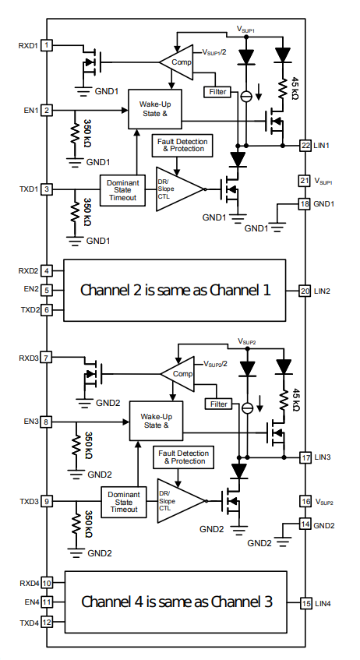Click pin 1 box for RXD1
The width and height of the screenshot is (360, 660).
47,45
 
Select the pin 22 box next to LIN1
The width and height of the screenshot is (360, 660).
305,145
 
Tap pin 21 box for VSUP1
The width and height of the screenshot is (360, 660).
305,181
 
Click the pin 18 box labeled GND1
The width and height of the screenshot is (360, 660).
305,203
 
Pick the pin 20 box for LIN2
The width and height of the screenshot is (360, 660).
305,291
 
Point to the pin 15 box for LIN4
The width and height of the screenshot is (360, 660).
306,603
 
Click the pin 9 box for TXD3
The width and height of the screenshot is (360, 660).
47,501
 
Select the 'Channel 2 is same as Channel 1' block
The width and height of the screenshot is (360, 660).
175,291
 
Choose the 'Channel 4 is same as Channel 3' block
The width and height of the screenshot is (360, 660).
175,602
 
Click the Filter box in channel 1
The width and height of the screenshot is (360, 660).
217,91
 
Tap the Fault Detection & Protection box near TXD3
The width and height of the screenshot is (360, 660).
183,457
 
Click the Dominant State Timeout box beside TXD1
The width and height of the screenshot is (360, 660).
122,190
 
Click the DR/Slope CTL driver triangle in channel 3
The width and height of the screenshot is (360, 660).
180,501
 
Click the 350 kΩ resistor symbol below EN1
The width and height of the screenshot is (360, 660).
75,134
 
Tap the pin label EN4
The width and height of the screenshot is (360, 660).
32,602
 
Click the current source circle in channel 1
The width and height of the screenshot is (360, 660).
246,97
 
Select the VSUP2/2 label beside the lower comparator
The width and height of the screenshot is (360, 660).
216,364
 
